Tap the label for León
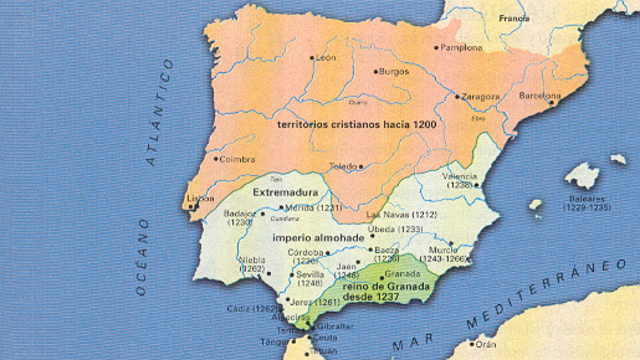pyautogui.click(x=325, y=58)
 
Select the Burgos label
pyautogui.click(x=393, y=72)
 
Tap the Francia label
pyautogui.click(x=514, y=19)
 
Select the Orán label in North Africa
pyautogui.click(x=487, y=343)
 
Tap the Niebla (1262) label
pyautogui.click(x=251, y=264)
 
